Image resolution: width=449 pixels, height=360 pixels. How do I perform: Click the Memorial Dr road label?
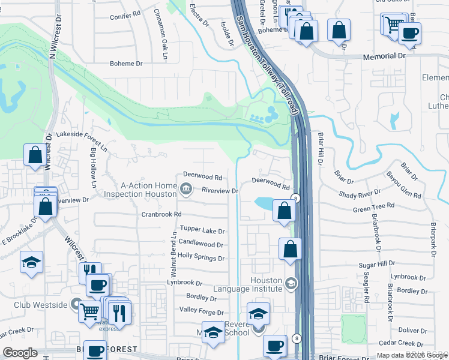[x=385, y=56]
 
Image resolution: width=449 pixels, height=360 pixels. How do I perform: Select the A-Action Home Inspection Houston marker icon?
[x=186, y=190]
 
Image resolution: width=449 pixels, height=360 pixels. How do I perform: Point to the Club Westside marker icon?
[x=76, y=304]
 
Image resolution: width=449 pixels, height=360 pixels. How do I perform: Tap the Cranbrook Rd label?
[x=161, y=214]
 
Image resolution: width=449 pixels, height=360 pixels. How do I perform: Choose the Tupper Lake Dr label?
[x=202, y=231]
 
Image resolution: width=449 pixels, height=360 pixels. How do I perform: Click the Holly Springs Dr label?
[x=200, y=259]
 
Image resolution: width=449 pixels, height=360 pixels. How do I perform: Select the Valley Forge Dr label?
[x=201, y=312]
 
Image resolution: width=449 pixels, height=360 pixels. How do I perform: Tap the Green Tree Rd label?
[x=373, y=207]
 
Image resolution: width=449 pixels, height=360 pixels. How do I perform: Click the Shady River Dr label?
[x=360, y=193]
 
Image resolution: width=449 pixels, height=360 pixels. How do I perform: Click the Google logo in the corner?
[x=20, y=353]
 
